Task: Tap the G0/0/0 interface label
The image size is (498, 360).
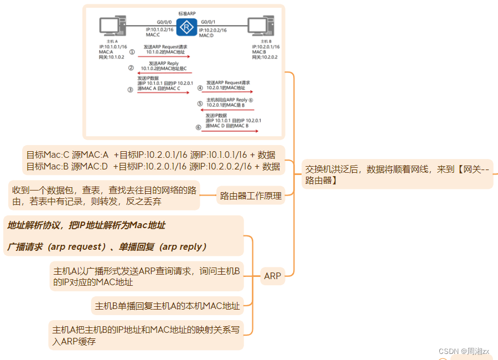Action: (x=156, y=20)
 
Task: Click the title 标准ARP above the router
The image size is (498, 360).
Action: (x=187, y=12)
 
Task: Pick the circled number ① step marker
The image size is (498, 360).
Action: (x=131, y=51)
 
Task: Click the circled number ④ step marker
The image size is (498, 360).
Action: (x=200, y=88)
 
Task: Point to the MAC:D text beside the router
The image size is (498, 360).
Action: (x=206, y=35)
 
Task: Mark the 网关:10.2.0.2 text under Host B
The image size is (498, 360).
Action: (x=264, y=57)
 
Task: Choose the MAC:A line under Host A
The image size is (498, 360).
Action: (x=106, y=52)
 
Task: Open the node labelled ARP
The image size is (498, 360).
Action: (x=272, y=276)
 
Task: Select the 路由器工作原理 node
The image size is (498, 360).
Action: (x=251, y=196)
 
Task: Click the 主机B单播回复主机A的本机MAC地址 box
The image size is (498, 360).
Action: (x=167, y=306)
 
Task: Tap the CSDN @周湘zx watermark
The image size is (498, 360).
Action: (x=464, y=351)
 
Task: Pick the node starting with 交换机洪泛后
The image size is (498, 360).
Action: (x=397, y=174)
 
